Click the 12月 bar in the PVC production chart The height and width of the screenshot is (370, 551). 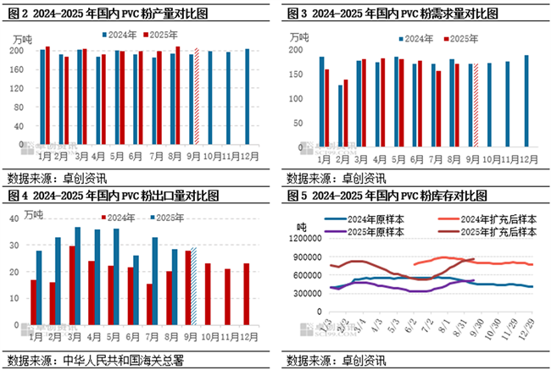[247, 97]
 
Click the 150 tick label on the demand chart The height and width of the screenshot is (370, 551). [296, 74]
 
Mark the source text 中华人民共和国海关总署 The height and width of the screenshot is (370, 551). [125, 359]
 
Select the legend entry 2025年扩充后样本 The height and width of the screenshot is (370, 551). [495, 229]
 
